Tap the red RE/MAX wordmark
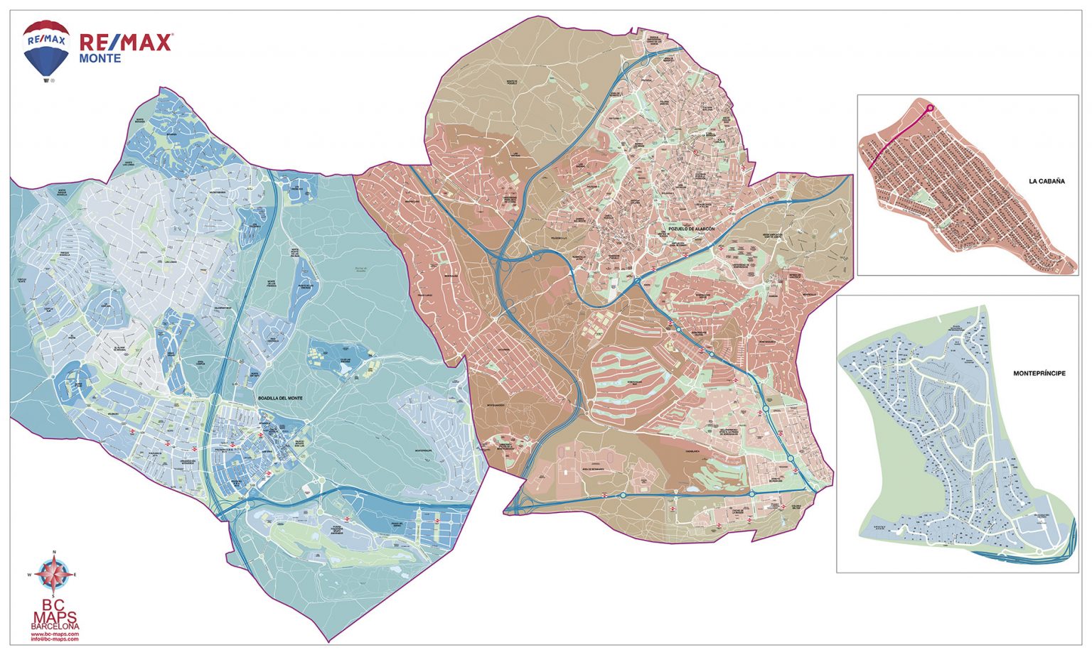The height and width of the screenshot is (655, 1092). click(125, 43)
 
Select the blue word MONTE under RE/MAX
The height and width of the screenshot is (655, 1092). click(100, 58)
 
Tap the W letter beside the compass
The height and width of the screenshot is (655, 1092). click(30, 574)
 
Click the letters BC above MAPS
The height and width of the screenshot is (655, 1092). click(55, 603)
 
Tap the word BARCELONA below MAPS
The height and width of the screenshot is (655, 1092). click(55, 627)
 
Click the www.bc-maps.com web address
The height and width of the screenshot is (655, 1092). click(55, 634)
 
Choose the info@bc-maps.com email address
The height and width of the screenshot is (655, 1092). click(55, 639)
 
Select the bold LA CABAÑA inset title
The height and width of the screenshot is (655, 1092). click(1046, 181)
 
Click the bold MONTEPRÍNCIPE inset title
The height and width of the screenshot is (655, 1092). click(1039, 373)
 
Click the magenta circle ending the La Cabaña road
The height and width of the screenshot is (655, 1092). click(930, 108)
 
